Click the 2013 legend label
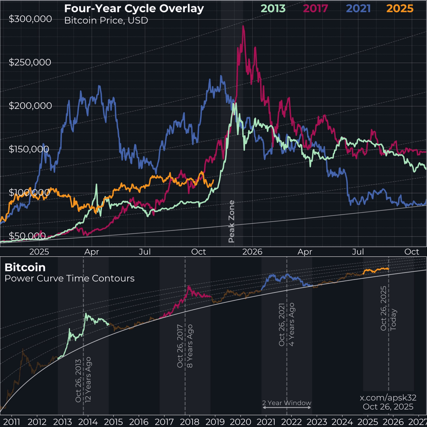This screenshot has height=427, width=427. point(273,8)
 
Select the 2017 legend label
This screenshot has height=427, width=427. point(315,8)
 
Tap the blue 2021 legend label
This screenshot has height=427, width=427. point(358,8)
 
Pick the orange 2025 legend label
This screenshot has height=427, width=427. point(400,8)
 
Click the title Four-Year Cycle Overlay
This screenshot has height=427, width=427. point(134,8)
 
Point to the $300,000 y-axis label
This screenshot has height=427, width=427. point(30,19)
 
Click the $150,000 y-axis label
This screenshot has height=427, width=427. point(29,149)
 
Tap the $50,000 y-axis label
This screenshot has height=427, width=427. point(27,236)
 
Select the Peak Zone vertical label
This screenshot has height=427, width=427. point(232,221)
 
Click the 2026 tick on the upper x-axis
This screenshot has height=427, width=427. point(252,252)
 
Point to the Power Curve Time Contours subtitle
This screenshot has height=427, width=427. point(69,278)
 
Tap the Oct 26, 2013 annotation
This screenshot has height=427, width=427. point(78,381)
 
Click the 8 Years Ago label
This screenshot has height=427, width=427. point(190,346)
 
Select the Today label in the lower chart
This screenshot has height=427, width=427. point(393,320)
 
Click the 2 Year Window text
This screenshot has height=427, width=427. point(287,403)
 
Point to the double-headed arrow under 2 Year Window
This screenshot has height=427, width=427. point(287,408)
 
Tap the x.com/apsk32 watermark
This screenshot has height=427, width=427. point(388,398)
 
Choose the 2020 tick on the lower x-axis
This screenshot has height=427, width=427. point(240,422)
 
